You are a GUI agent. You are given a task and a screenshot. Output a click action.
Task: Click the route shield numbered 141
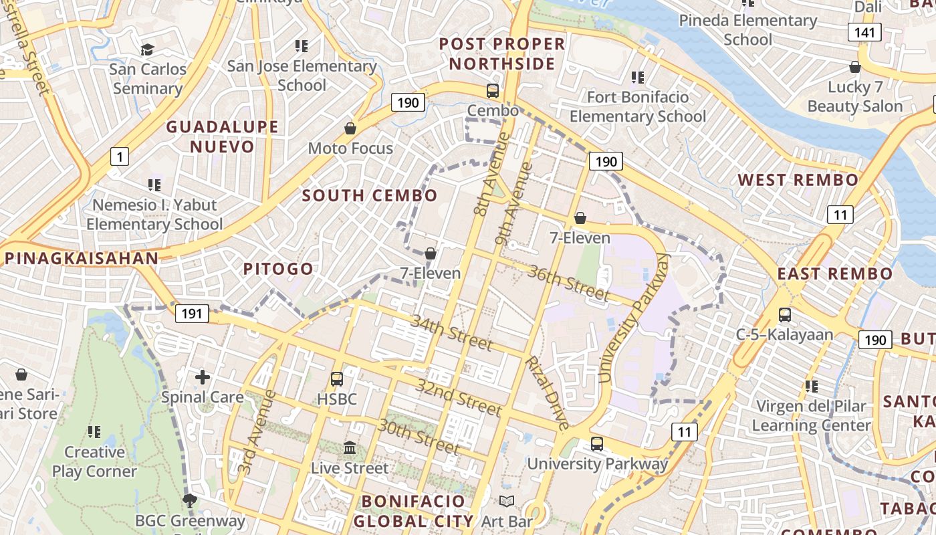click(865, 31)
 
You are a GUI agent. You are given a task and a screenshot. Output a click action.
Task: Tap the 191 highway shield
click(193, 314)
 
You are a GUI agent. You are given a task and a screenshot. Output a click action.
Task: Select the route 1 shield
click(119, 157)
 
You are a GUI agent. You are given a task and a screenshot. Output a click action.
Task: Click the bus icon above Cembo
click(493, 91)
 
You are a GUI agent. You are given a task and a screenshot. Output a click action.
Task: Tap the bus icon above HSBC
click(337, 379)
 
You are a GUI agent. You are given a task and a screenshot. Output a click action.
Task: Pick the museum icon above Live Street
click(350, 447)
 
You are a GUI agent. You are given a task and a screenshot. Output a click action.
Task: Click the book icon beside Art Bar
click(507, 502)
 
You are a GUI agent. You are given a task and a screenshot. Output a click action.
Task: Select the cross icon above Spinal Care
click(203, 377)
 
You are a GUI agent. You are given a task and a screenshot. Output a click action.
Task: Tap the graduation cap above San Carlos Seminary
click(147, 49)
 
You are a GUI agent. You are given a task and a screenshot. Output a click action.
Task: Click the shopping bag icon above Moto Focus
click(350, 128)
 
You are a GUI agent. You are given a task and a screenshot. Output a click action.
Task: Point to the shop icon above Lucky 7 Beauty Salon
click(854, 67)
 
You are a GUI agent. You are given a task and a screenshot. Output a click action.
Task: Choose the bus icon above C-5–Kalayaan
click(785, 314)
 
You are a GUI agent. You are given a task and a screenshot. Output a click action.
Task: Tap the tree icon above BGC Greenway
click(191, 500)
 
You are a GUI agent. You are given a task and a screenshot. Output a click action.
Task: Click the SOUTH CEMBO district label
click(370, 196)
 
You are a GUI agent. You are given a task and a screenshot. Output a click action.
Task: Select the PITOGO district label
click(278, 270)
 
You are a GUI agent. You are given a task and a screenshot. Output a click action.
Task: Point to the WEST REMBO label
click(798, 180)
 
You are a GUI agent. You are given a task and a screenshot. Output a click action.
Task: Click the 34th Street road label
click(451, 332)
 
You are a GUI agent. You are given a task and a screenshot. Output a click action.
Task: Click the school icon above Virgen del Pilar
click(812, 386)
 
